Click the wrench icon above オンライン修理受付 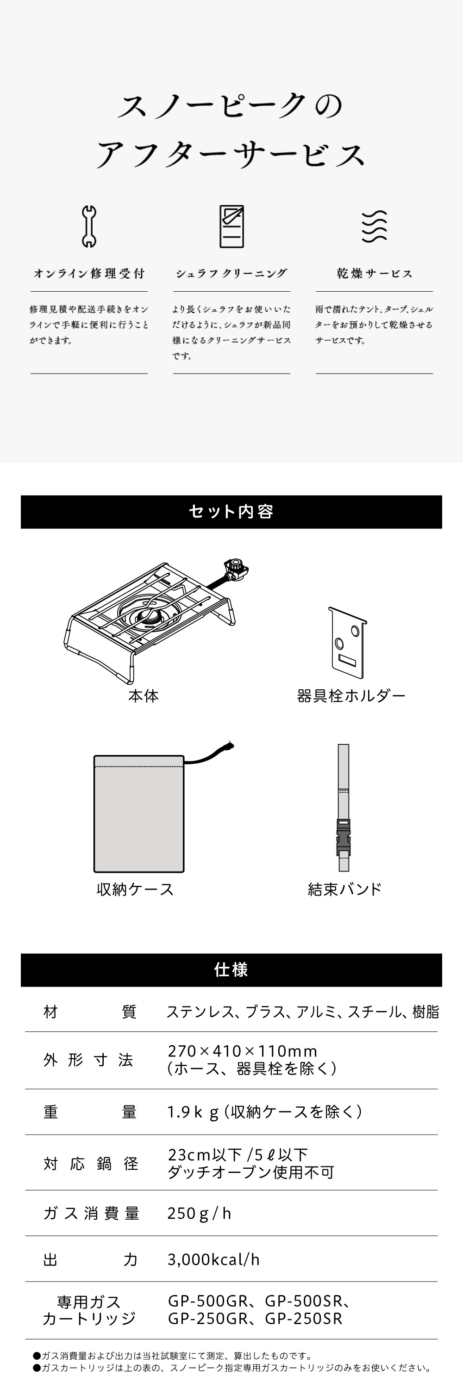(89, 226)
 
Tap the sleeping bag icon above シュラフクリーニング (231, 226)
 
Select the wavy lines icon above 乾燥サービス (374, 226)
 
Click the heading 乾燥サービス (374, 274)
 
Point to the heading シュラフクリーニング (231, 274)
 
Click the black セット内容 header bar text (231, 511)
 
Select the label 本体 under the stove (144, 696)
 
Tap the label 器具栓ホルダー (351, 696)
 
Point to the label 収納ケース (135, 889)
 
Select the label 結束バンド (344, 889)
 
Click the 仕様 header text (231, 970)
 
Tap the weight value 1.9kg (193, 1112)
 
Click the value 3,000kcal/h (213, 1260)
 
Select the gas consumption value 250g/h (199, 1213)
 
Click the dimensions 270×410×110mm (243, 1051)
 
